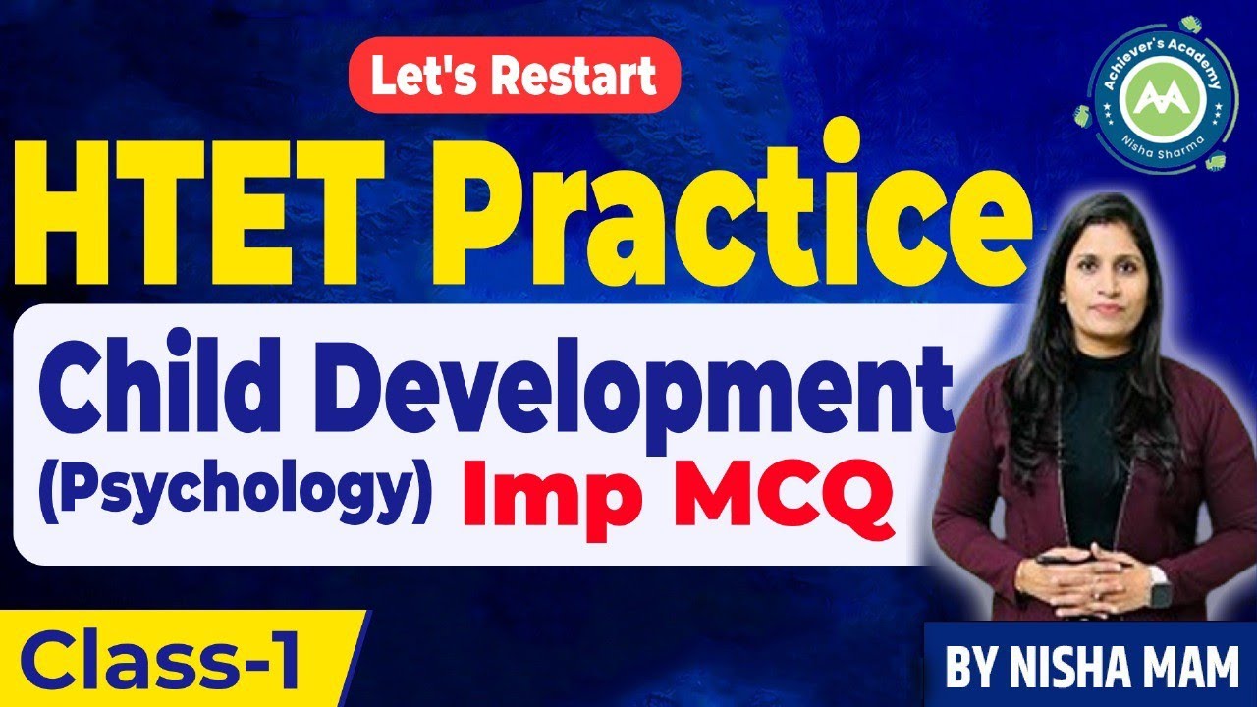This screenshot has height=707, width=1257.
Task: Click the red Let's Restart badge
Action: (x=515, y=78)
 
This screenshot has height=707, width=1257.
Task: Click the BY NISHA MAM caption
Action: (x=1091, y=665)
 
